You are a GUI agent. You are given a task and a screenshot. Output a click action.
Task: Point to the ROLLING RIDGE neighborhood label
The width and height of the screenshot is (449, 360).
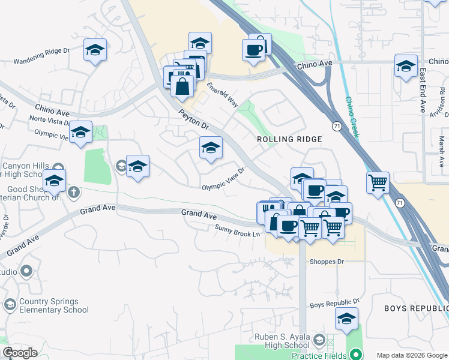coord(289,139)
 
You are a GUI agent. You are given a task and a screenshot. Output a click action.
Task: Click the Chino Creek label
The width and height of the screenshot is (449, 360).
coord(351,117)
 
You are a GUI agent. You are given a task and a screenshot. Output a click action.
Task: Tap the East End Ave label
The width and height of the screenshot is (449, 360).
coord(423,91)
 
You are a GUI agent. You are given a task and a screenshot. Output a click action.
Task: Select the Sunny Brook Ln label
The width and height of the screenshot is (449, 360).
coord(239,230)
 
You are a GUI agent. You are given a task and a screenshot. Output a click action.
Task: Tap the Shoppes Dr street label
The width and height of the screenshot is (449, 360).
coord(327,262)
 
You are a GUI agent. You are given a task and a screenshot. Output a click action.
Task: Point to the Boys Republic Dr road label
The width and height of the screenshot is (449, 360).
coord(334,304)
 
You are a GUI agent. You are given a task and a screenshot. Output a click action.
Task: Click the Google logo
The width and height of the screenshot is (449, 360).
coord(20,353)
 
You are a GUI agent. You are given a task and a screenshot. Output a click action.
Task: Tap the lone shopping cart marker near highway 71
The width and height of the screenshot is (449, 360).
coord(378,182)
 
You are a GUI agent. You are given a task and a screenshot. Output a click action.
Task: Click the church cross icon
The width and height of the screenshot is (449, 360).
coord(73,192)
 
